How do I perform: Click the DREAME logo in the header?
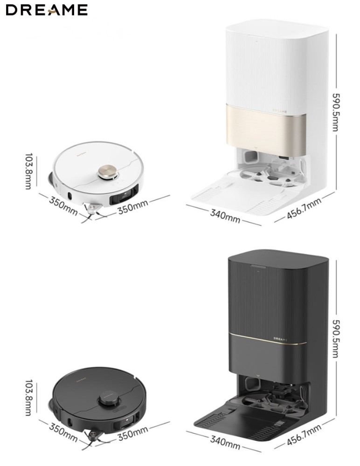(47, 10)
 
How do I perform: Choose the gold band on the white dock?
(267, 126)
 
